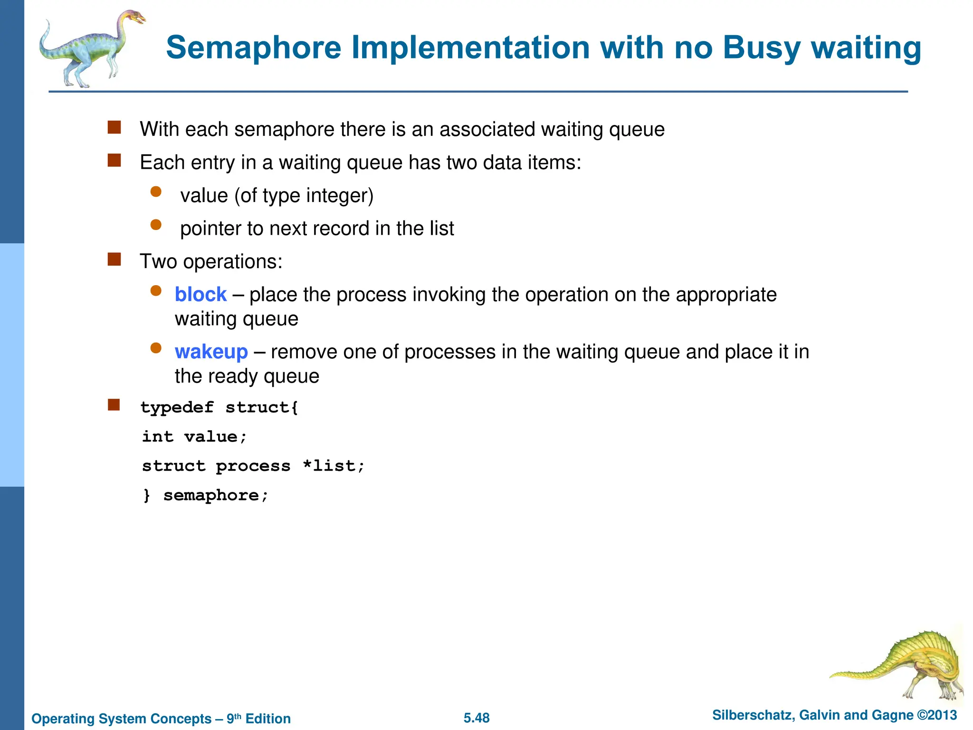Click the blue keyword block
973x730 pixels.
click(200, 295)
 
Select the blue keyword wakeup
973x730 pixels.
click(211, 352)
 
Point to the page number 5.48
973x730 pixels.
click(477, 718)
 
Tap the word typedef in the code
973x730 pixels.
click(177, 407)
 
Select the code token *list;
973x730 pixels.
click(334, 466)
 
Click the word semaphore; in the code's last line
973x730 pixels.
click(216, 495)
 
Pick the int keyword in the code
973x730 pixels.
click(158, 436)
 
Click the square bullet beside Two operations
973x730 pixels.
click(114, 259)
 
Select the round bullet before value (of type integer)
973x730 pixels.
click(156, 192)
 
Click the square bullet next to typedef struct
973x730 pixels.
click(114, 405)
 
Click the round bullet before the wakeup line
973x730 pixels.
click(156, 348)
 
